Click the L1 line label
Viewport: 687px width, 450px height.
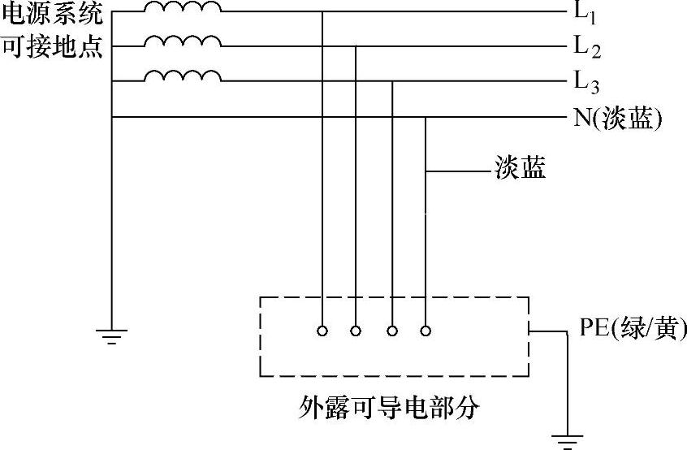pos(585,15)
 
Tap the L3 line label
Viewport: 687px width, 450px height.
pos(586,82)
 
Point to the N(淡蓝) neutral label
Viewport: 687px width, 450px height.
pos(618,119)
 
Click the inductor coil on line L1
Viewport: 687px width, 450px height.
pos(183,8)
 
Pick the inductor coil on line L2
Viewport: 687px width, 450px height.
pos(183,41)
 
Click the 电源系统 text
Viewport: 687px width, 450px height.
pos(53,14)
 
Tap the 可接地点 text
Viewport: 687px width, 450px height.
pos(53,47)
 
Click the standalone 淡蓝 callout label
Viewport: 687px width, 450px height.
pos(520,169)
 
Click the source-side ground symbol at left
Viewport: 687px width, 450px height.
pos(110,335)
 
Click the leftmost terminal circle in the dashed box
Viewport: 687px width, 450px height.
pos(322,331)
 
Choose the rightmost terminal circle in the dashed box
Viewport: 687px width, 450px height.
pos(426,331)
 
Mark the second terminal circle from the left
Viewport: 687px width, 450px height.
pos(356,331)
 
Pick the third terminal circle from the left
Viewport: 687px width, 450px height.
pos(392,331)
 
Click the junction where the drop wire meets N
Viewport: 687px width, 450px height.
pos(426,117)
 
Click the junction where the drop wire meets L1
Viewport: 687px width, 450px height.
pos(322,12)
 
